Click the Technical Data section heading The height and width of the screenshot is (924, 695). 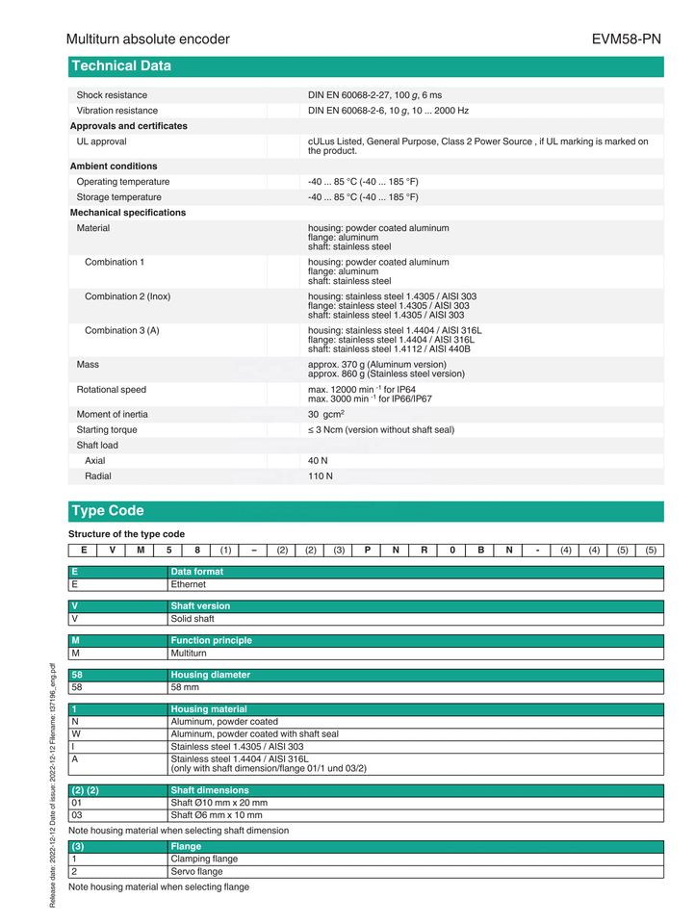click(x=121, y=66)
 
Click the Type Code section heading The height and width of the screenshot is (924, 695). click(x=108, y=511)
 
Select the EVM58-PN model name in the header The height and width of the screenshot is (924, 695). click(x=626, y=39)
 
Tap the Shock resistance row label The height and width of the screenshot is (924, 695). click(x=112, y=95)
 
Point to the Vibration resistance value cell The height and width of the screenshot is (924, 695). click(x=388, y=111)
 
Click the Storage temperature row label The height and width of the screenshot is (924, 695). click(x=119, y=197)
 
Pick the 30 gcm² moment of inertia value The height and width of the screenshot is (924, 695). click(x=326, y=414)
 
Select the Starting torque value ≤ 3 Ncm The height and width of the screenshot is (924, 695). click(x=381, y=429)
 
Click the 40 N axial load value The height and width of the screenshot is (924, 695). click(x=318, y=460)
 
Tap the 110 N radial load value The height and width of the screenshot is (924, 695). click(x=321, y=475)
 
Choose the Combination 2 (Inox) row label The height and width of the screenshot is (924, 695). click(x=127, y=296)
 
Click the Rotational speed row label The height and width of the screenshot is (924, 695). click(x=112, y=390)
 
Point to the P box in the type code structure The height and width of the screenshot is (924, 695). click(x=368, y=550)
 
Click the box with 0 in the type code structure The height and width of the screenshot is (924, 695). click(x=452, y=550)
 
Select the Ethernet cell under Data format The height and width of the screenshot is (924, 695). click(x=189, y=584)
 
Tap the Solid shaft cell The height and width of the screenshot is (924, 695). click(x=193, y=619)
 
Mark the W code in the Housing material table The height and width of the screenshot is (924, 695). click(x=75, y=734)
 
